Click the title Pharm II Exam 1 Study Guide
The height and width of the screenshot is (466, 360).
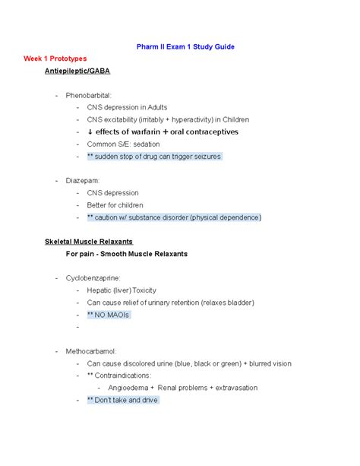tap(180, 46)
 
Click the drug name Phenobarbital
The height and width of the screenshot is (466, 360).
tap(89, 95)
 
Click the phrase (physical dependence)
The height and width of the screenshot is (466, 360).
tap(226, 217)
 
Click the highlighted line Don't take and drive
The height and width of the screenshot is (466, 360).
tap(126, 400)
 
